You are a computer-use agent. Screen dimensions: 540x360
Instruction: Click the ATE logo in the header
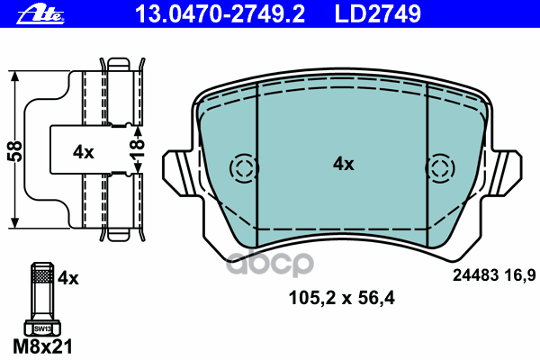40,14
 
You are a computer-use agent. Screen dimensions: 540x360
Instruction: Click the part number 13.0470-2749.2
220,14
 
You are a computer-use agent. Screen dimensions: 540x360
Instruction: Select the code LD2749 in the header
378,14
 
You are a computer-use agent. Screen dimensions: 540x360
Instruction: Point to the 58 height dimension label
14,151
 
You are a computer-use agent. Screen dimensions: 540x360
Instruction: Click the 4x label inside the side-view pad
84,152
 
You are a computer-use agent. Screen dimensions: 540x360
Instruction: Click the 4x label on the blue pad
344,164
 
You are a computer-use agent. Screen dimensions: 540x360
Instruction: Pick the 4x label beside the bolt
68,278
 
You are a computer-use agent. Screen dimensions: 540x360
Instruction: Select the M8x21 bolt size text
42,346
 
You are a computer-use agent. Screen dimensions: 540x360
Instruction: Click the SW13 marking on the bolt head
42,329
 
